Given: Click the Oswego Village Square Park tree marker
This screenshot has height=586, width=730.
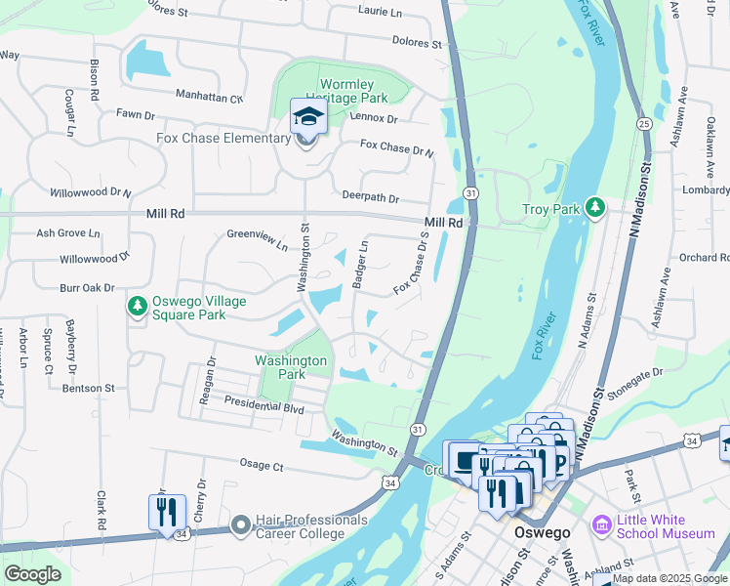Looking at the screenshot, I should (138, 308).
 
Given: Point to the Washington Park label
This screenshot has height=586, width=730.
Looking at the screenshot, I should (291, 367).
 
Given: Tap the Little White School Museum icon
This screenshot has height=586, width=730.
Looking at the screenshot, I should (601, 526).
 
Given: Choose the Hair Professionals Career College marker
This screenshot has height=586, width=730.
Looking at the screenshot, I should (241, 526).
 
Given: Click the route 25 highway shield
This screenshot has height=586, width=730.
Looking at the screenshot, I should (644, 123).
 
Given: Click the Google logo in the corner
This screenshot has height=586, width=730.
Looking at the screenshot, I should (32, 574).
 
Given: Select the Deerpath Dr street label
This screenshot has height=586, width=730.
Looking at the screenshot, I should (371, 197).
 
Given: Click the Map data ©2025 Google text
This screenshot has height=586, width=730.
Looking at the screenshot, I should (669, 578).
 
